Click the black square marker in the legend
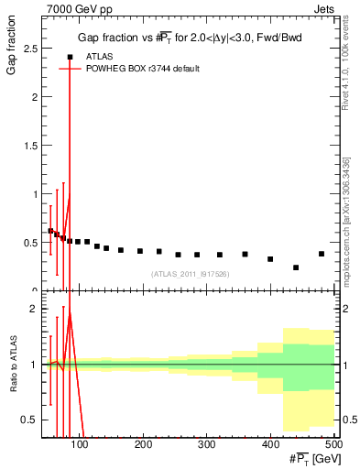(70, 57)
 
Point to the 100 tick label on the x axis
(81, 445)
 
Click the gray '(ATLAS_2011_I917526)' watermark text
(191, 273)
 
